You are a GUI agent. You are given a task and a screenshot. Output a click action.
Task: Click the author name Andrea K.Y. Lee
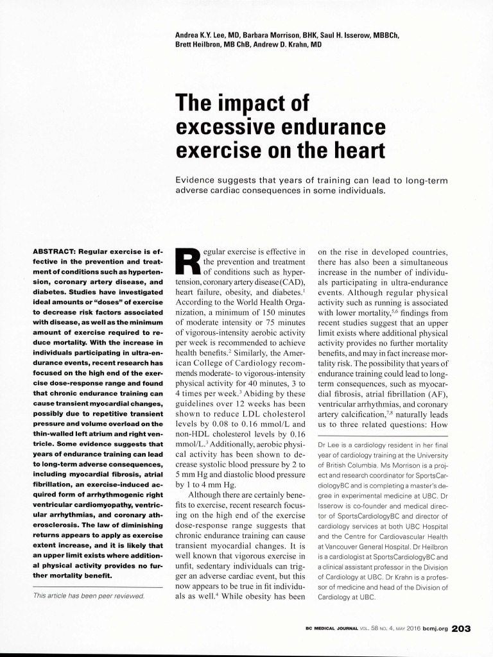[x=200, y=35]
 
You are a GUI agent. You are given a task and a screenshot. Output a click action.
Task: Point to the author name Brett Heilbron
[x=200, y=45]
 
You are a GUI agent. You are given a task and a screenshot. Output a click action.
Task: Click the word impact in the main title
[x=255, y=104]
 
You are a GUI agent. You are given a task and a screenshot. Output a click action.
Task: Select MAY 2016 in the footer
[x=396, y=629]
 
